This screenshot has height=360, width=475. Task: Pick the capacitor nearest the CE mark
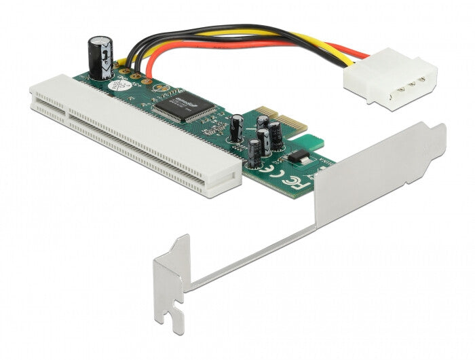252,154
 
